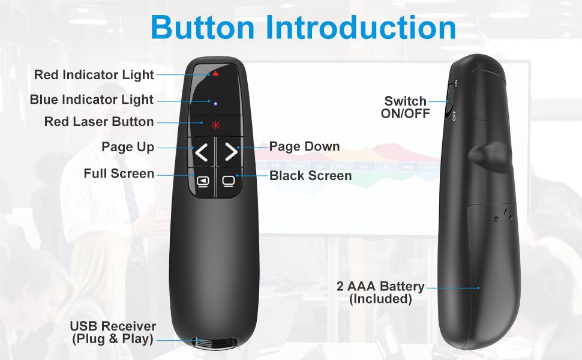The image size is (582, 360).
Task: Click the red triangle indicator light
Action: (x=214, y=73)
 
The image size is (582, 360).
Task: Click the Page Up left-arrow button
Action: (x=202, y=153)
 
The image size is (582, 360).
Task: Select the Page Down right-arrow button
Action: (x=230, y=153)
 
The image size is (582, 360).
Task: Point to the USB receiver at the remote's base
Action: (x=211, y=343)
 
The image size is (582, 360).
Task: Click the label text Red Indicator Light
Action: (x=94, y=75)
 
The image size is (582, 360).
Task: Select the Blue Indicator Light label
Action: (x=92, y=100)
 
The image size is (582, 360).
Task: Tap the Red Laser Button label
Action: (x=99, y=122)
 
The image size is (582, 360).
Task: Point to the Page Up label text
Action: (x=128, y=147)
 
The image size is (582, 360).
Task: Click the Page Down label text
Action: (x=304, y=146)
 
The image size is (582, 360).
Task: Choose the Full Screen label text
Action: (x=119, y=174)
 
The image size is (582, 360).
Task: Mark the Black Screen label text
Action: (x=310, y=176)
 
